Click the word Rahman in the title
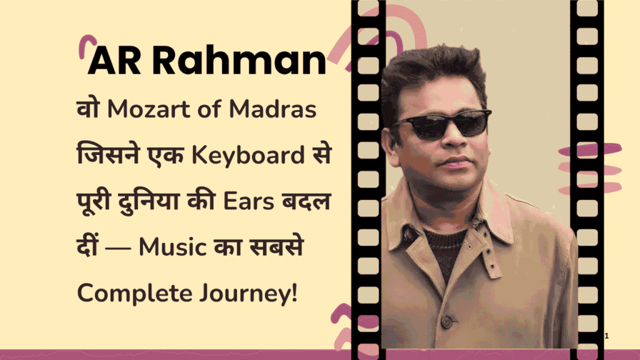coord(239,61)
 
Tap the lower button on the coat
coord(446,321)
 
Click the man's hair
coord(437,69)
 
